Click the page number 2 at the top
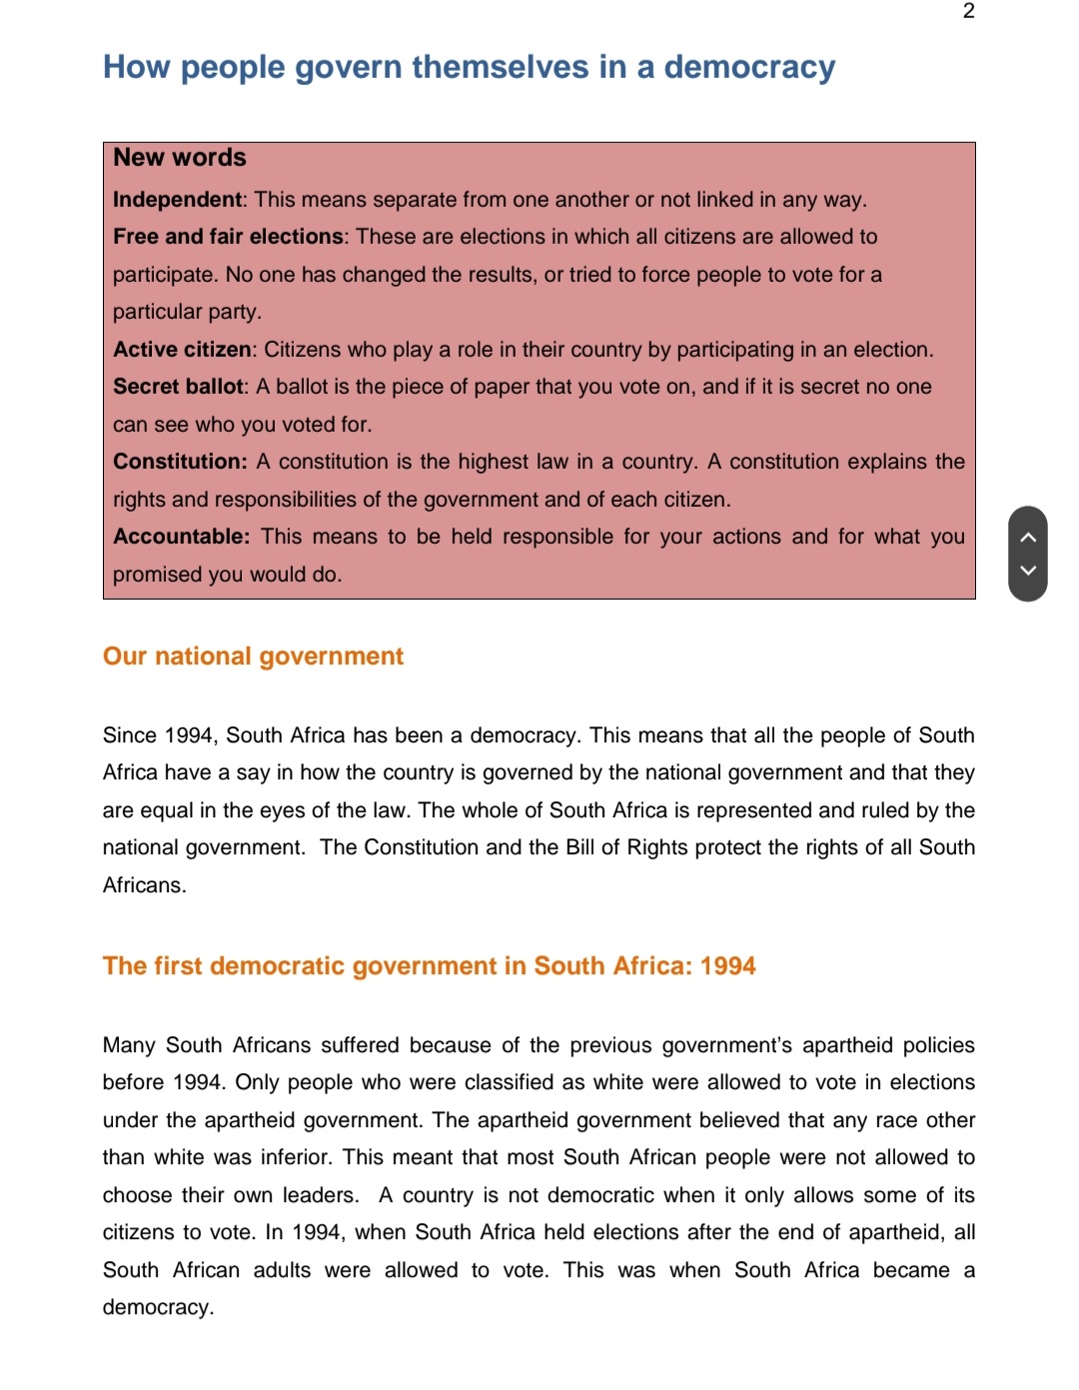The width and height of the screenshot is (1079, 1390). click(968, 11)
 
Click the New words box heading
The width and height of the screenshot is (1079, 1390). click(180, 158)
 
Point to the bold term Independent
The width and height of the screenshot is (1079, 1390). click(177, 200)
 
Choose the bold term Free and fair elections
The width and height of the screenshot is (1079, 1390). click(228, 237)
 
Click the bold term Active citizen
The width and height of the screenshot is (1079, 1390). click(183, 350)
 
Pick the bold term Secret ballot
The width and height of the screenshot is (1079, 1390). click(178, 387)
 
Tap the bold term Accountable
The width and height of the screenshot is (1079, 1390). click(180, 537)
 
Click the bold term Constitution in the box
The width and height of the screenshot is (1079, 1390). click(179, 462)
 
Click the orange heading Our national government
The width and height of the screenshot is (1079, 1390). click(253, 657)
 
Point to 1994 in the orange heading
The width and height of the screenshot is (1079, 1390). click(727, 966)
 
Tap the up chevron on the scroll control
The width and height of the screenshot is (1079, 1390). click(1028, 538)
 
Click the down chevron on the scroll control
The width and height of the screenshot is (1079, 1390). click(1028, 571)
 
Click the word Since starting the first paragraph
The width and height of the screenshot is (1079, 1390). click(129, 735)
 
